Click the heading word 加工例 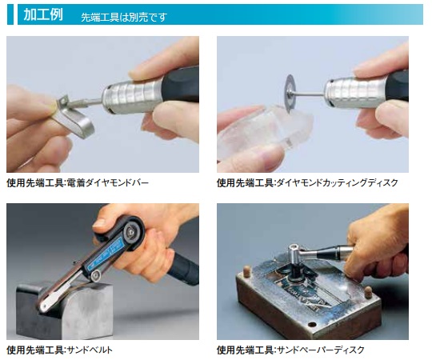coord(43,14)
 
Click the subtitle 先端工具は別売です coord(124,18)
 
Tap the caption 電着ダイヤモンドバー coord(108,182)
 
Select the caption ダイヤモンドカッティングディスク coord(337,182)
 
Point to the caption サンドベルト coord(90,350)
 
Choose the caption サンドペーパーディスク coord(321,350)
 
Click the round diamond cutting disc coord(290,94)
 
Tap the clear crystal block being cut coord(265,132)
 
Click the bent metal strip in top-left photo coord(72,118)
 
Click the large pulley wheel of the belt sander coord(132,231)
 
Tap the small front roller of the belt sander coord(95,275)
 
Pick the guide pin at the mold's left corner coord(246,270)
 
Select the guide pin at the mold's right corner coord(367,292)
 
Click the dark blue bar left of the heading coord(10,14)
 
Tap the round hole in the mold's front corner coord(312,325)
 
